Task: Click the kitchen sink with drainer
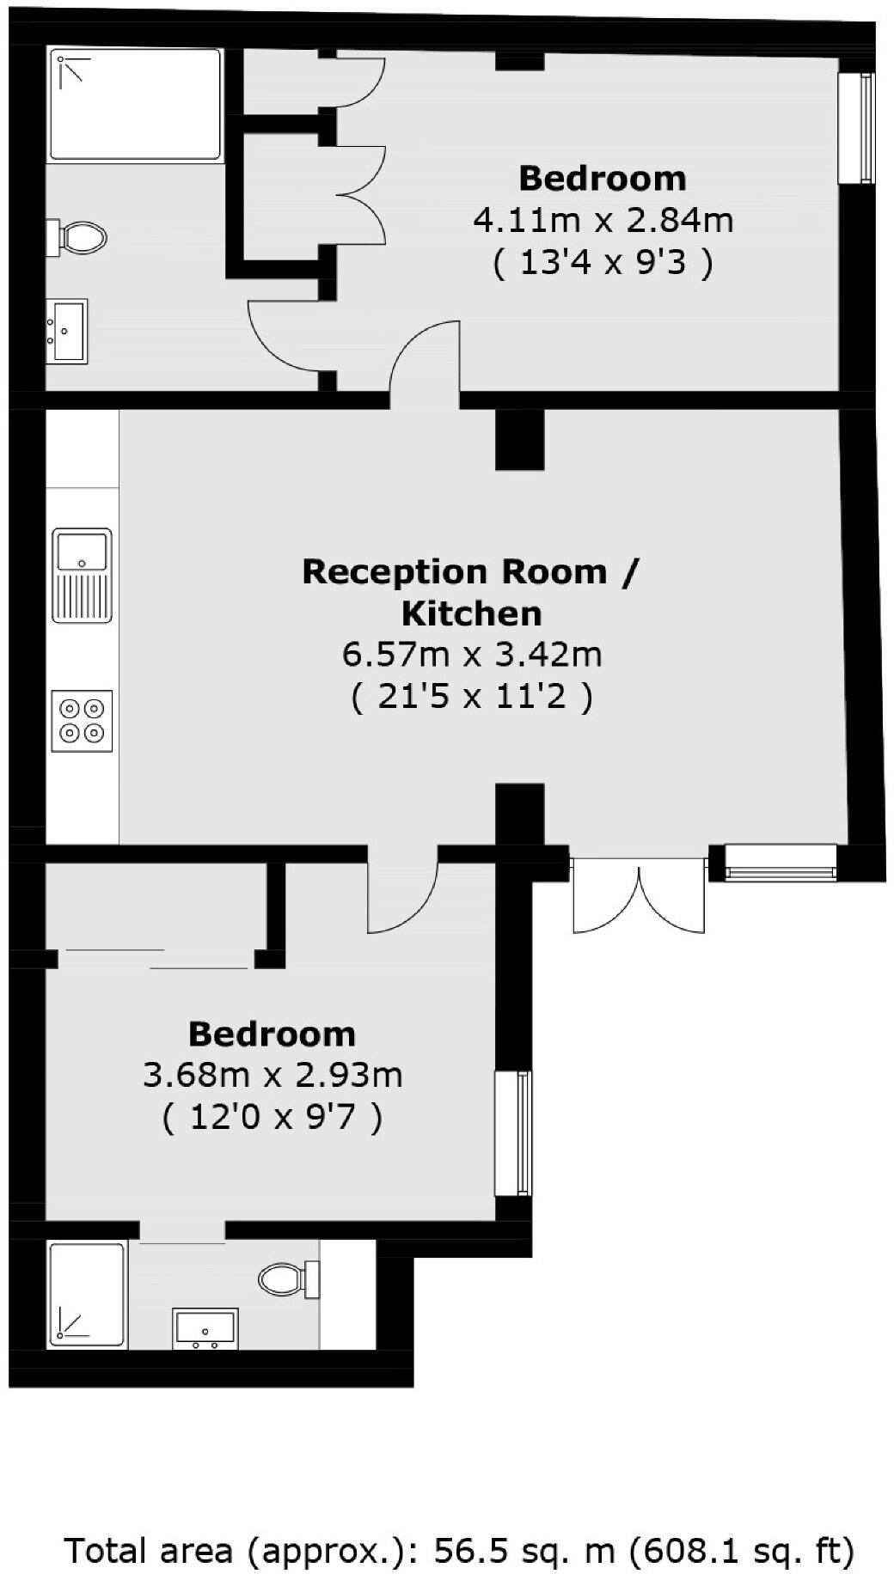coord(82,575)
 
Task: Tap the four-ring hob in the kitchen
coord(82,721)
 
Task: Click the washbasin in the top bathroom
coord(66,331)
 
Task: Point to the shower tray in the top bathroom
coord(135,104)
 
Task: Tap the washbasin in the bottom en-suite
coord(205,1328)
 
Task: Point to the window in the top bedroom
coord(856,128)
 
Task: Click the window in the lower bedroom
coord(513,1132)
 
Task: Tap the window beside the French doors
coord(781,862)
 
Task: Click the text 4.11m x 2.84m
coord(603,221)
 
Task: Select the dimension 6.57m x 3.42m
coord(472,655)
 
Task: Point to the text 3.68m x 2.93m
coord(272,1075)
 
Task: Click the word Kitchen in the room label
coord(472,613)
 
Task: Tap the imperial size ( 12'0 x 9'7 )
coord(272,1118)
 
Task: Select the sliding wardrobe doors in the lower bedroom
coord(156,959)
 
